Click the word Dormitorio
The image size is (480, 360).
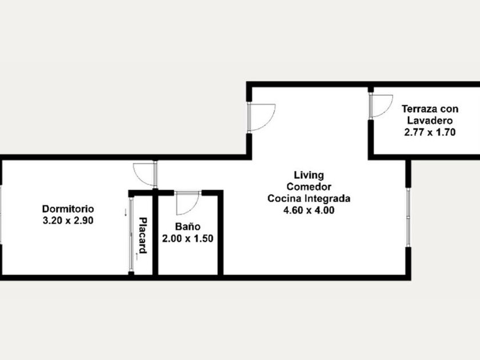click(x=68, y=209)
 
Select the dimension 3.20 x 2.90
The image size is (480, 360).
click(x=68, y=221)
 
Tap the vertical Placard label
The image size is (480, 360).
click(x=143, y=235)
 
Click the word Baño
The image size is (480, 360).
click(x=187, y=226)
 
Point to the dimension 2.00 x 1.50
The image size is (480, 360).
click(x=187, y=238)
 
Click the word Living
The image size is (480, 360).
click(x=309, y=175)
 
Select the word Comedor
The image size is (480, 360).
click(x=309, y=187)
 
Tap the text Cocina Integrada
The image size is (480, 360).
click(x=309, y=198)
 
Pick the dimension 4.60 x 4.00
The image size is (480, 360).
click(x=309, y=210)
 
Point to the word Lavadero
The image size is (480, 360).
click(x=430, y=121)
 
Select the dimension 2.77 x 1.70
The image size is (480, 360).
click(x=430, y=132)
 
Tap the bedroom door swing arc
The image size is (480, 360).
click(x=139, y=179)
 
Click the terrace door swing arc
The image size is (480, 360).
click(x=387, y=110)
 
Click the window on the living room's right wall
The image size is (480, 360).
click(x=408, y=217)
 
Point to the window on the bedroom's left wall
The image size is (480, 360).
click(x=1, y=214)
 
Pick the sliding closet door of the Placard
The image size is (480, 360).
click(x=131, y=235)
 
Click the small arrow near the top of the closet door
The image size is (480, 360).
click(x=125, y=212)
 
